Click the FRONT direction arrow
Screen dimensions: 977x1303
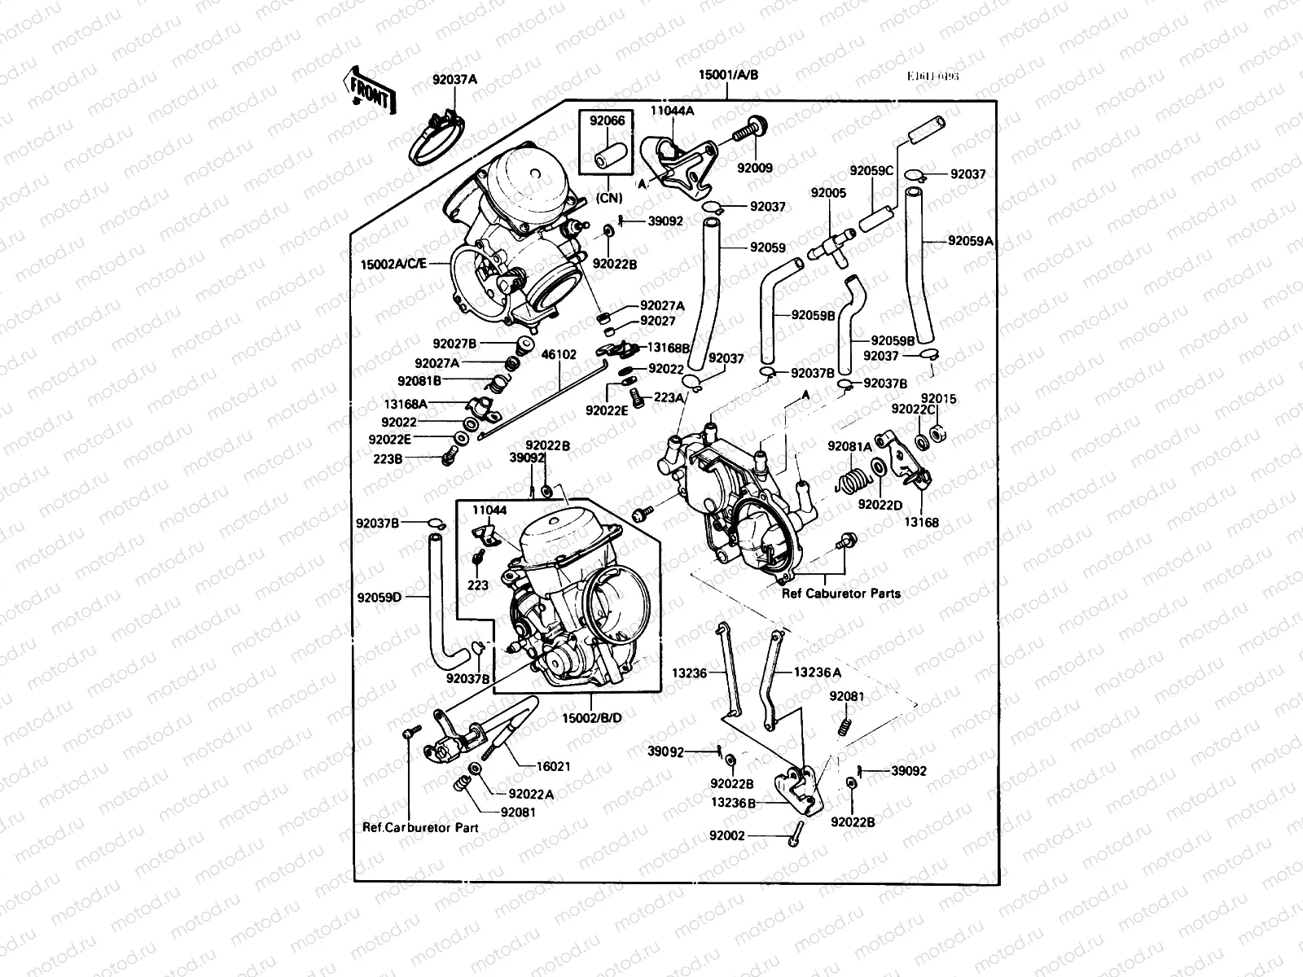tap(371, 90)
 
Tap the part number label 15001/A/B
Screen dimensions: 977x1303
tap(728, 75)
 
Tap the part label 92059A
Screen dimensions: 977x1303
tap(971, 241)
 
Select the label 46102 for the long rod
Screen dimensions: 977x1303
tap(559, 355)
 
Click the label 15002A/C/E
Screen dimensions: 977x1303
tap(394, 264)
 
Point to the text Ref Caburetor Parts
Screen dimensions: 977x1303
tap(840, 593)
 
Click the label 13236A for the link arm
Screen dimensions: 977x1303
tap(818, 673)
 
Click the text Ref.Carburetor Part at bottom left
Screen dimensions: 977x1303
tap(420, 827)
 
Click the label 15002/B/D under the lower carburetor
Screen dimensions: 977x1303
tap(592, 717)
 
